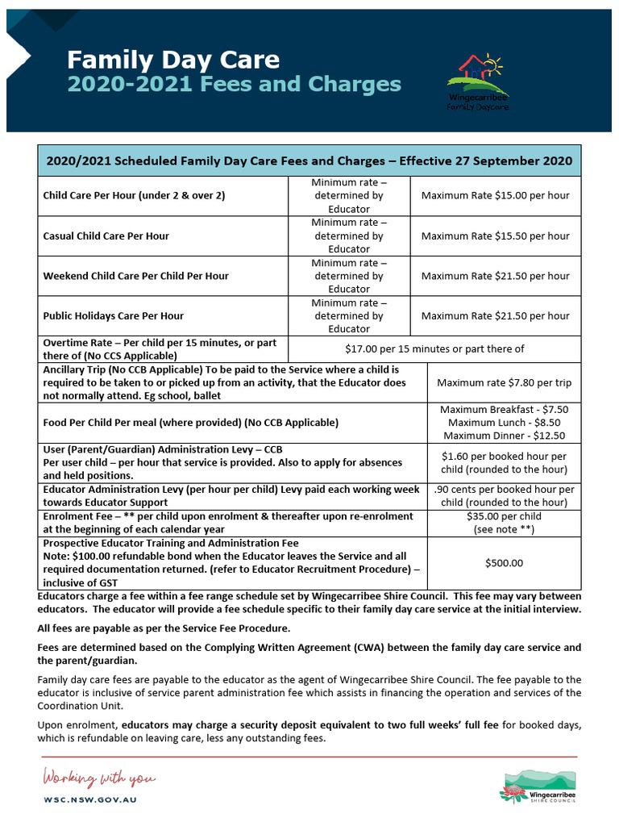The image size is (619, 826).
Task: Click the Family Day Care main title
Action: point(172,60)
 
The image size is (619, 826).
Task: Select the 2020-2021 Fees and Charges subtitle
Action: point(234,85)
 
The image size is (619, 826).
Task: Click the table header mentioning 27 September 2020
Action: point(309,161)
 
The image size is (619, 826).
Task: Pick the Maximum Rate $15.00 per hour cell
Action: point(495,195)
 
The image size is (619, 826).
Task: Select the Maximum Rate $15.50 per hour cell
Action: point(495,236)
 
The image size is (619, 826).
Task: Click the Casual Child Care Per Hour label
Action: point(106,236)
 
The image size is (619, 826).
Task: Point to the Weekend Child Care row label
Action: point(135,276)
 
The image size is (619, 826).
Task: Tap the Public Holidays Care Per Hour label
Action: point(113,316)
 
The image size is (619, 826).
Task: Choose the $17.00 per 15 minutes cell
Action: point(434,348)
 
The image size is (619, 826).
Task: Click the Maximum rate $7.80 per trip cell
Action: point(503,383)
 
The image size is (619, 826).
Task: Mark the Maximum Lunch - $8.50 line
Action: point(504,423)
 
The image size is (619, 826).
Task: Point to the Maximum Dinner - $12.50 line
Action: point(504,436)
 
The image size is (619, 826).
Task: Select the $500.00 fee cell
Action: point(504,563)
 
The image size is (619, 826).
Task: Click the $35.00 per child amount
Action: point(504,516)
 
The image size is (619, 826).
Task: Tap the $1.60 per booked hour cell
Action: point(504,462)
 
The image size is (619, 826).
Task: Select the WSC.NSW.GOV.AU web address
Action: point(89,799)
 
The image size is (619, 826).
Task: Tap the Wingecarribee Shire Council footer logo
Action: point(538,786)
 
